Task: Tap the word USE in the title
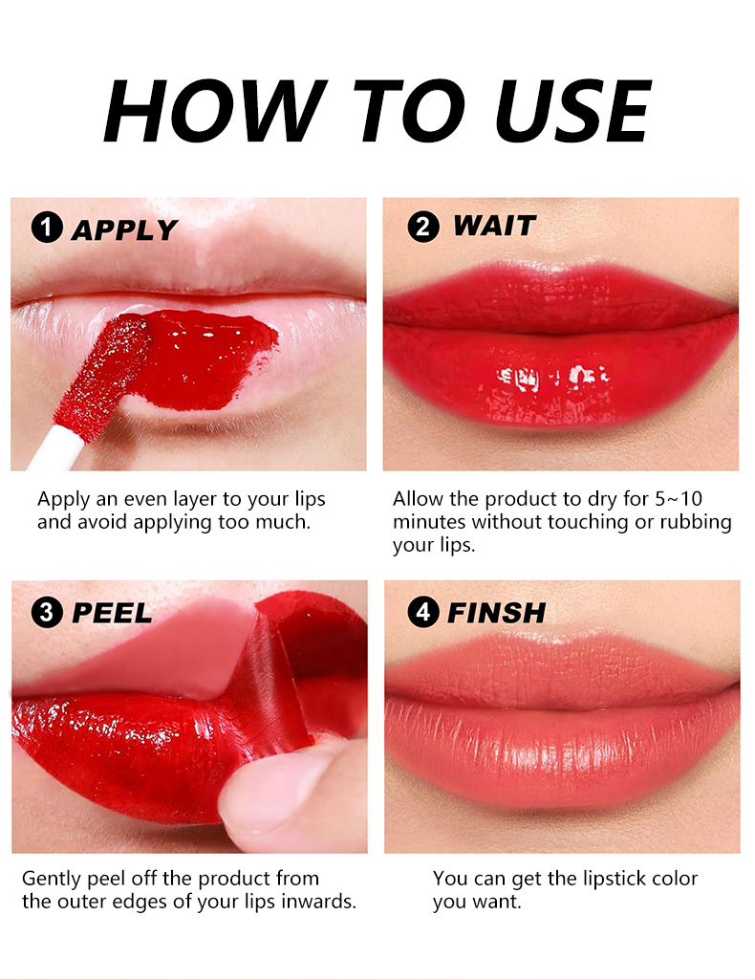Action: point(572,111)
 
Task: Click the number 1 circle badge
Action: point(47,227)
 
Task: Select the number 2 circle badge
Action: point(423,227)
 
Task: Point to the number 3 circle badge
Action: point(47,612)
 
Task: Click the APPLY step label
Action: point(125,230)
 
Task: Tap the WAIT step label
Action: point(494,226)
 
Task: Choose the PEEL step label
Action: point(112,613)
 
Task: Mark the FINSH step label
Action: point(496,613)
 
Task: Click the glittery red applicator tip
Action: point(103,376)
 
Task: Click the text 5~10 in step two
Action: point(679,499)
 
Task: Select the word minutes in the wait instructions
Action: point(430,522)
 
